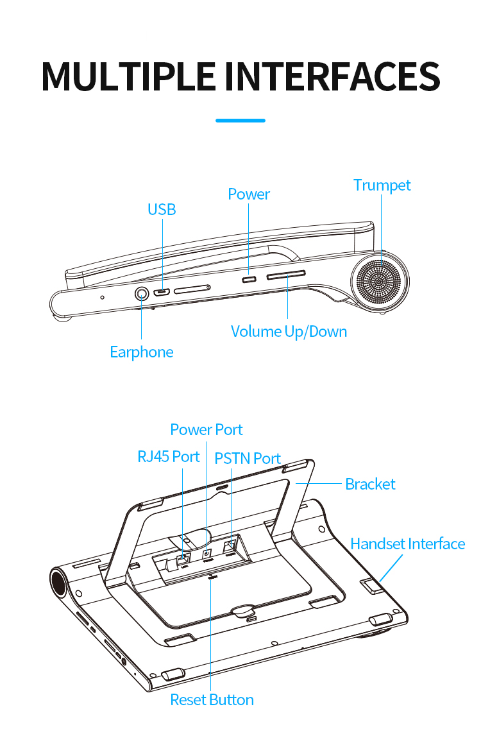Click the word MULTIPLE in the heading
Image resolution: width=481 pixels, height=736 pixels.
tap(128, 76)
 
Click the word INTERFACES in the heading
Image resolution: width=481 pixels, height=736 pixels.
tap(332, 76)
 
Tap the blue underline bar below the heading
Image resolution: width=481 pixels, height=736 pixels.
tap(240, 120)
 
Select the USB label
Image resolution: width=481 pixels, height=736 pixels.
tap(162, 210)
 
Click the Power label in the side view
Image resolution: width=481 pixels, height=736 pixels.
tap(249, 194)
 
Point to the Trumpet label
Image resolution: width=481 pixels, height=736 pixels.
tap(382, 185)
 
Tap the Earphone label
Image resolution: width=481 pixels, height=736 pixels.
tap(141, 352)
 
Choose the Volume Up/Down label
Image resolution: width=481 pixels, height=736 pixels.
tap(289, 332)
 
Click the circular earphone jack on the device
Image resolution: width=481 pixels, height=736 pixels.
tap(141, 294)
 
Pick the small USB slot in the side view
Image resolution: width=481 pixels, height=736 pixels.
tap(161, 293)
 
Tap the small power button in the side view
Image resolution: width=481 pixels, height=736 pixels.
tap(249, 279)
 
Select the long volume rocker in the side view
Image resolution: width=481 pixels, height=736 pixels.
tap(286, 275)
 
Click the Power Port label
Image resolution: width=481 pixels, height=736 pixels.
tap(207, 430)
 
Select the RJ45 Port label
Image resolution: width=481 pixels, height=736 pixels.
tap(169, 457)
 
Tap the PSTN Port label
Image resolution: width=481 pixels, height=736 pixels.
tap(248, 459)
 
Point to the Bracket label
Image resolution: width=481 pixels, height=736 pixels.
tap(370, 484)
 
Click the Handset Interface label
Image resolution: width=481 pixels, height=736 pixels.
tap(407, 544)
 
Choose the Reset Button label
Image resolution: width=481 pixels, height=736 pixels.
tap(212, 700)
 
